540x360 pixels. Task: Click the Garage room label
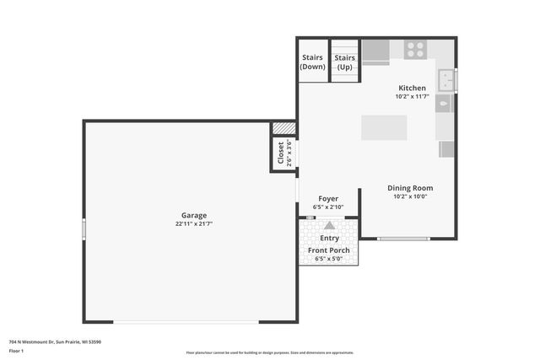pyautogui.click(x=193, y=215)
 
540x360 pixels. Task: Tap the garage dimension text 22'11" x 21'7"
pyautogui.click(x=193, y=224)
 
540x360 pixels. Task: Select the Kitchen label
pyautogui.click(x=412, y=88)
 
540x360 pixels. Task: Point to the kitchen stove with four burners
pyautogui.click(x=414, y=50)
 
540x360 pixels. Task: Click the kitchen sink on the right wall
pyautogui.click(x=451, y=80)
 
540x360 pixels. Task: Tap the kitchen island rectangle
pyautogui.click(x=384, y=127)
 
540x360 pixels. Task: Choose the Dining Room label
pyautogui.click(x=410, y=188)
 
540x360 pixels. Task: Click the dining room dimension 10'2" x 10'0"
pyautogui.click(x=410, y=197)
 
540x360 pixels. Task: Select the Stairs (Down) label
pyautogui.click(x=313, y=62)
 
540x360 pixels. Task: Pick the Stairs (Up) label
pyautogui.click(x=344, y=62)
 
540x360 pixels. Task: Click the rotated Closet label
pyautogui.click(x=281, y=153)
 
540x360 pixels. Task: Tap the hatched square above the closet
pyautogui.click(x=283, y=128)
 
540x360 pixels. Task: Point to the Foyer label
pyautogui.click(x=328, y=198)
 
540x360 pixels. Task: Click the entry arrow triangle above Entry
pyautogui.click(x=329, y=225)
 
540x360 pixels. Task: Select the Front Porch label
pyautogui.click(x=329, y=250)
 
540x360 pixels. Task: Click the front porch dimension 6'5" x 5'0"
pyautogui.click(x=329, y=259)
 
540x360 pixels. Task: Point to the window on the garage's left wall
pyautogui.click(x=84, y=228)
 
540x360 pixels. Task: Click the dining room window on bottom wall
pyautogui.click(x=402, y=239)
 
